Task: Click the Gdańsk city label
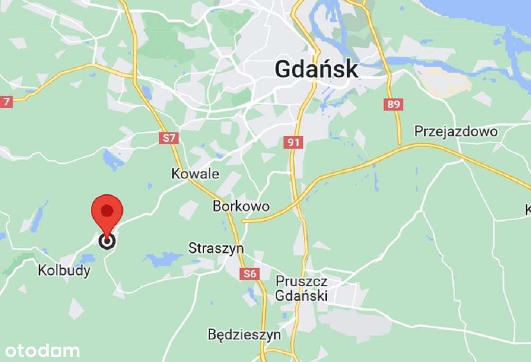click(x=316, y=70)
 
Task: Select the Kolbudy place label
click(x=64, y=270)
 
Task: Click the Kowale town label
click(x=195, y=174)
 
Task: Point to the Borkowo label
click(x=241, y=206)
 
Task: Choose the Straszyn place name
click(x=216, y=248)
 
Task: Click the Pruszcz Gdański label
click(x=301, y=288)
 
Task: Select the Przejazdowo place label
click(x=456, y=131)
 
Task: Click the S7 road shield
click(x=169, y=138)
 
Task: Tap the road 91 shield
click(x=293, y=142)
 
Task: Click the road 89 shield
click(x=393, y=104)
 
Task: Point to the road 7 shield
click(x=6, y=101)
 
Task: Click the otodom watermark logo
click(x=42, y=350)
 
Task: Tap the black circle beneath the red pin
click(x=108, y=241)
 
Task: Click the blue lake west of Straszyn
click(x=164, y=259)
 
